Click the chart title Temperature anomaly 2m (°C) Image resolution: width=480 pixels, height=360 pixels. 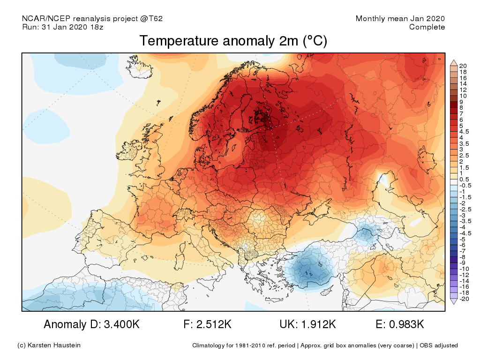point(233,41)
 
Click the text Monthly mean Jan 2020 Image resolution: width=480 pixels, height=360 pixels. point(400,19)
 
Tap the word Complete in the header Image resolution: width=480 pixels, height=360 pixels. point(427,27)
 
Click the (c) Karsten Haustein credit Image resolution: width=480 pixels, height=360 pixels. point(49,345)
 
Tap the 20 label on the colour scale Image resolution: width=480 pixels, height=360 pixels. point(463,65)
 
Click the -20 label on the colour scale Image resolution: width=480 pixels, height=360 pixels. point(465,299)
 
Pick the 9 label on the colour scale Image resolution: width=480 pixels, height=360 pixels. point(461,102)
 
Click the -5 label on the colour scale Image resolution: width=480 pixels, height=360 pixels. point(463,239)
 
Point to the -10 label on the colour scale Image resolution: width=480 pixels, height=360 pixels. point(465,269)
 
